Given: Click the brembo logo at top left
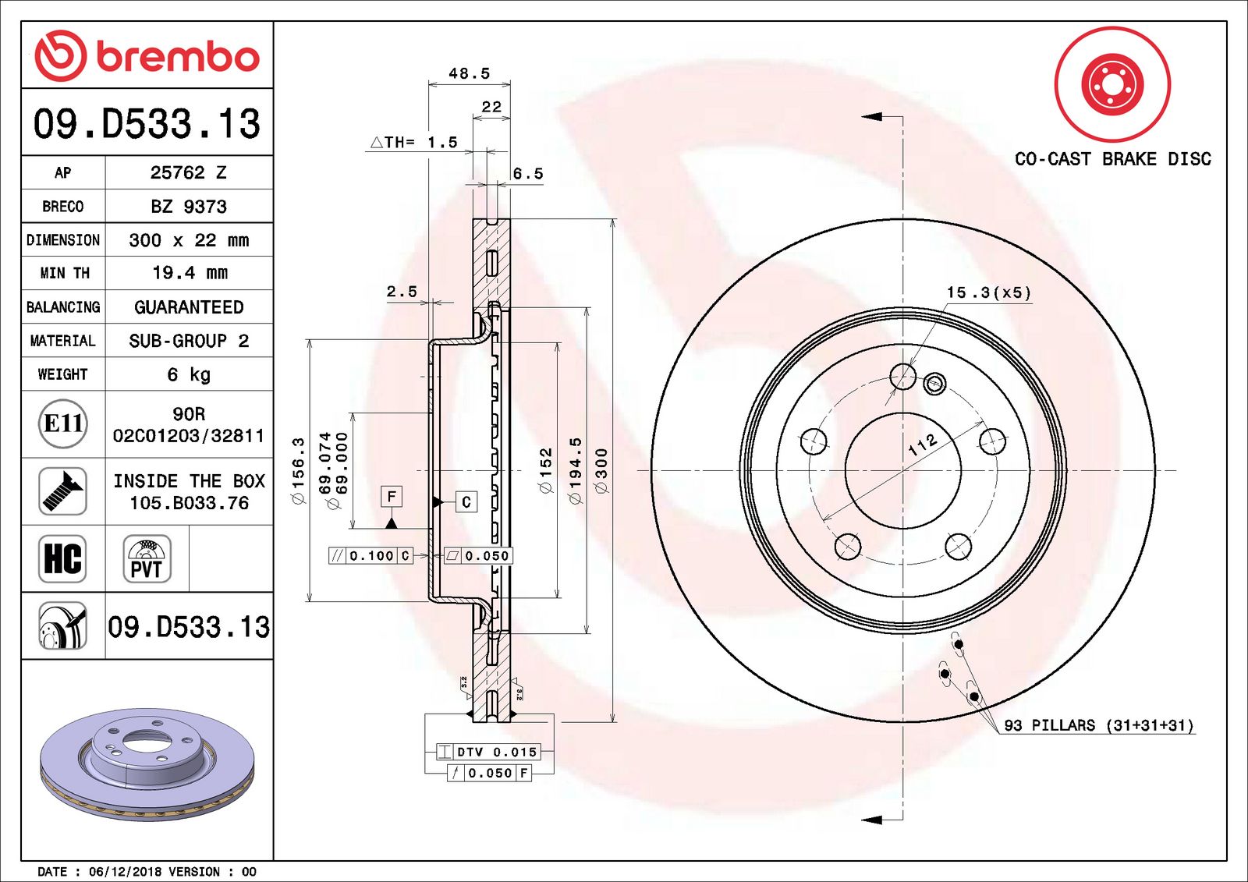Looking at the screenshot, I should tap(147, 56).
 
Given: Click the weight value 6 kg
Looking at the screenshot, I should tap(189, 374).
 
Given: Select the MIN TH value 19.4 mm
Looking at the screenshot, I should tap(189, 273).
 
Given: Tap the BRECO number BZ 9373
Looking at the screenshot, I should tap(189, 207).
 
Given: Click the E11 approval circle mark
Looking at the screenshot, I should tap(63, 423).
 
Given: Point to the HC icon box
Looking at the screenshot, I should tap(63, 558).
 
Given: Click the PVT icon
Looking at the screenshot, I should tap(147, 558).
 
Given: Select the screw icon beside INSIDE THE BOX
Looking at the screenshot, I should tap(63, 491).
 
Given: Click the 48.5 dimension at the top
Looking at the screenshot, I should tap(470, 73).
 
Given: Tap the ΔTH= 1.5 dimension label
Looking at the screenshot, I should tap(413, 142).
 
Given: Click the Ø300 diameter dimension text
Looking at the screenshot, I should tap(601, 470).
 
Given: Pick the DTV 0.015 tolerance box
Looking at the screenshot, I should tap(487, 752).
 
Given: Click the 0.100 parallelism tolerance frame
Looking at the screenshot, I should tap(371, 555).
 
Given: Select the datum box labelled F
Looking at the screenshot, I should tap(392, 496).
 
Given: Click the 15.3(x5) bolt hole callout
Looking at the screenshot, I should tap(988, 292).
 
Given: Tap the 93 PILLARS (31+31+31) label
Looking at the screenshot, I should tap(1098, 725).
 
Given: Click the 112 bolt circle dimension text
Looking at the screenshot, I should tap(923, 445).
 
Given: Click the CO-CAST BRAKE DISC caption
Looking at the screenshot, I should tap(1112, 159).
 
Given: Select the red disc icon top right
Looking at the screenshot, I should tap(1112, 84).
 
